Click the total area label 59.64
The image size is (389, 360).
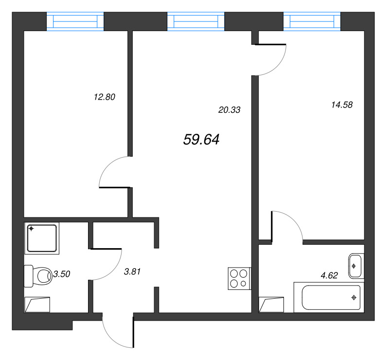click(201, 140)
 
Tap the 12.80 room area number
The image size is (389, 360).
click(105, 97)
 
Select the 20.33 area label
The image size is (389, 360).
click(229, 110)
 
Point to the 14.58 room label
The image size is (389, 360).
click(342, 105)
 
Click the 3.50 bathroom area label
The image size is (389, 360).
click(62, 274)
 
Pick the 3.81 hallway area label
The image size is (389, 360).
click(132, 271)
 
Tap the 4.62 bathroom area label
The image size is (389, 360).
click(329, 275)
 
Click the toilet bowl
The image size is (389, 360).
click(38, 276)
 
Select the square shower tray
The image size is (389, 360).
click(42, 238)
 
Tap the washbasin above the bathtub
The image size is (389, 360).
click(356, 266)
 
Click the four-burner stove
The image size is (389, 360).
click(239, 279)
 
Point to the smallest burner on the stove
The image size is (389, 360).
click(244, 283)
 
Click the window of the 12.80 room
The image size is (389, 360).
click(75, 21)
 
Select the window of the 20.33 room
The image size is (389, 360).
click(196, 21)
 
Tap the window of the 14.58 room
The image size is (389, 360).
click(312, 21)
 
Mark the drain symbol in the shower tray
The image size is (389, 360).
click(31, 229)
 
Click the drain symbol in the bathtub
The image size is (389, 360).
click(354, 297)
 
